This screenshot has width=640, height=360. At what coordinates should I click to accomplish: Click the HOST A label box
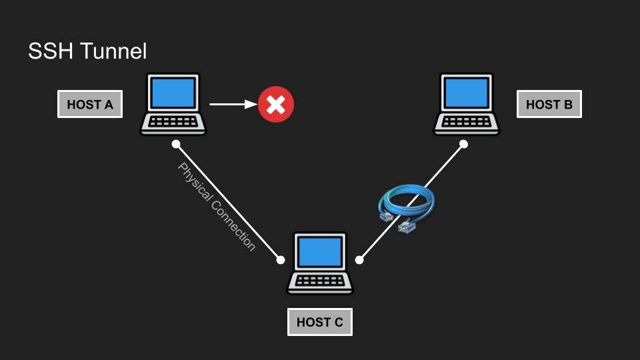[90, 105]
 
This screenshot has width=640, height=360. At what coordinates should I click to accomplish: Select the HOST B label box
[549, 105]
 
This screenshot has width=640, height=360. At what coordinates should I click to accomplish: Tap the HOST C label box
[320, 323]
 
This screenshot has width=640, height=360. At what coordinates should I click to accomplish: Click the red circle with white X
[276, 104]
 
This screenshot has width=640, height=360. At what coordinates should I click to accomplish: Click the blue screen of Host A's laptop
[173, 94]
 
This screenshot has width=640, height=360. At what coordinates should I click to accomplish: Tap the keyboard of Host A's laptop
[173, 123]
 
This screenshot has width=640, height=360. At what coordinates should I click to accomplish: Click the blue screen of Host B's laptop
[467, 94]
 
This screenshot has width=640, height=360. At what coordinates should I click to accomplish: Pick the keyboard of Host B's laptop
[467, 123]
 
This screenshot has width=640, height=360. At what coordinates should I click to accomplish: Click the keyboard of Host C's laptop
[320, 281]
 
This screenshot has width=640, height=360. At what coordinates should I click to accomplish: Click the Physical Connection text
[216, 207]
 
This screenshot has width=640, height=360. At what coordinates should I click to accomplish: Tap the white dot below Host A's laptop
[176, 144]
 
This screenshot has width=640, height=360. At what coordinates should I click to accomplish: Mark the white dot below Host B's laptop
[464, 144]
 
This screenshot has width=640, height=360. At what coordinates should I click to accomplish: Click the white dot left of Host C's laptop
[281, 260]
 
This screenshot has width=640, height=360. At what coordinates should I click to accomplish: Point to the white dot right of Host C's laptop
[359, 260]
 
